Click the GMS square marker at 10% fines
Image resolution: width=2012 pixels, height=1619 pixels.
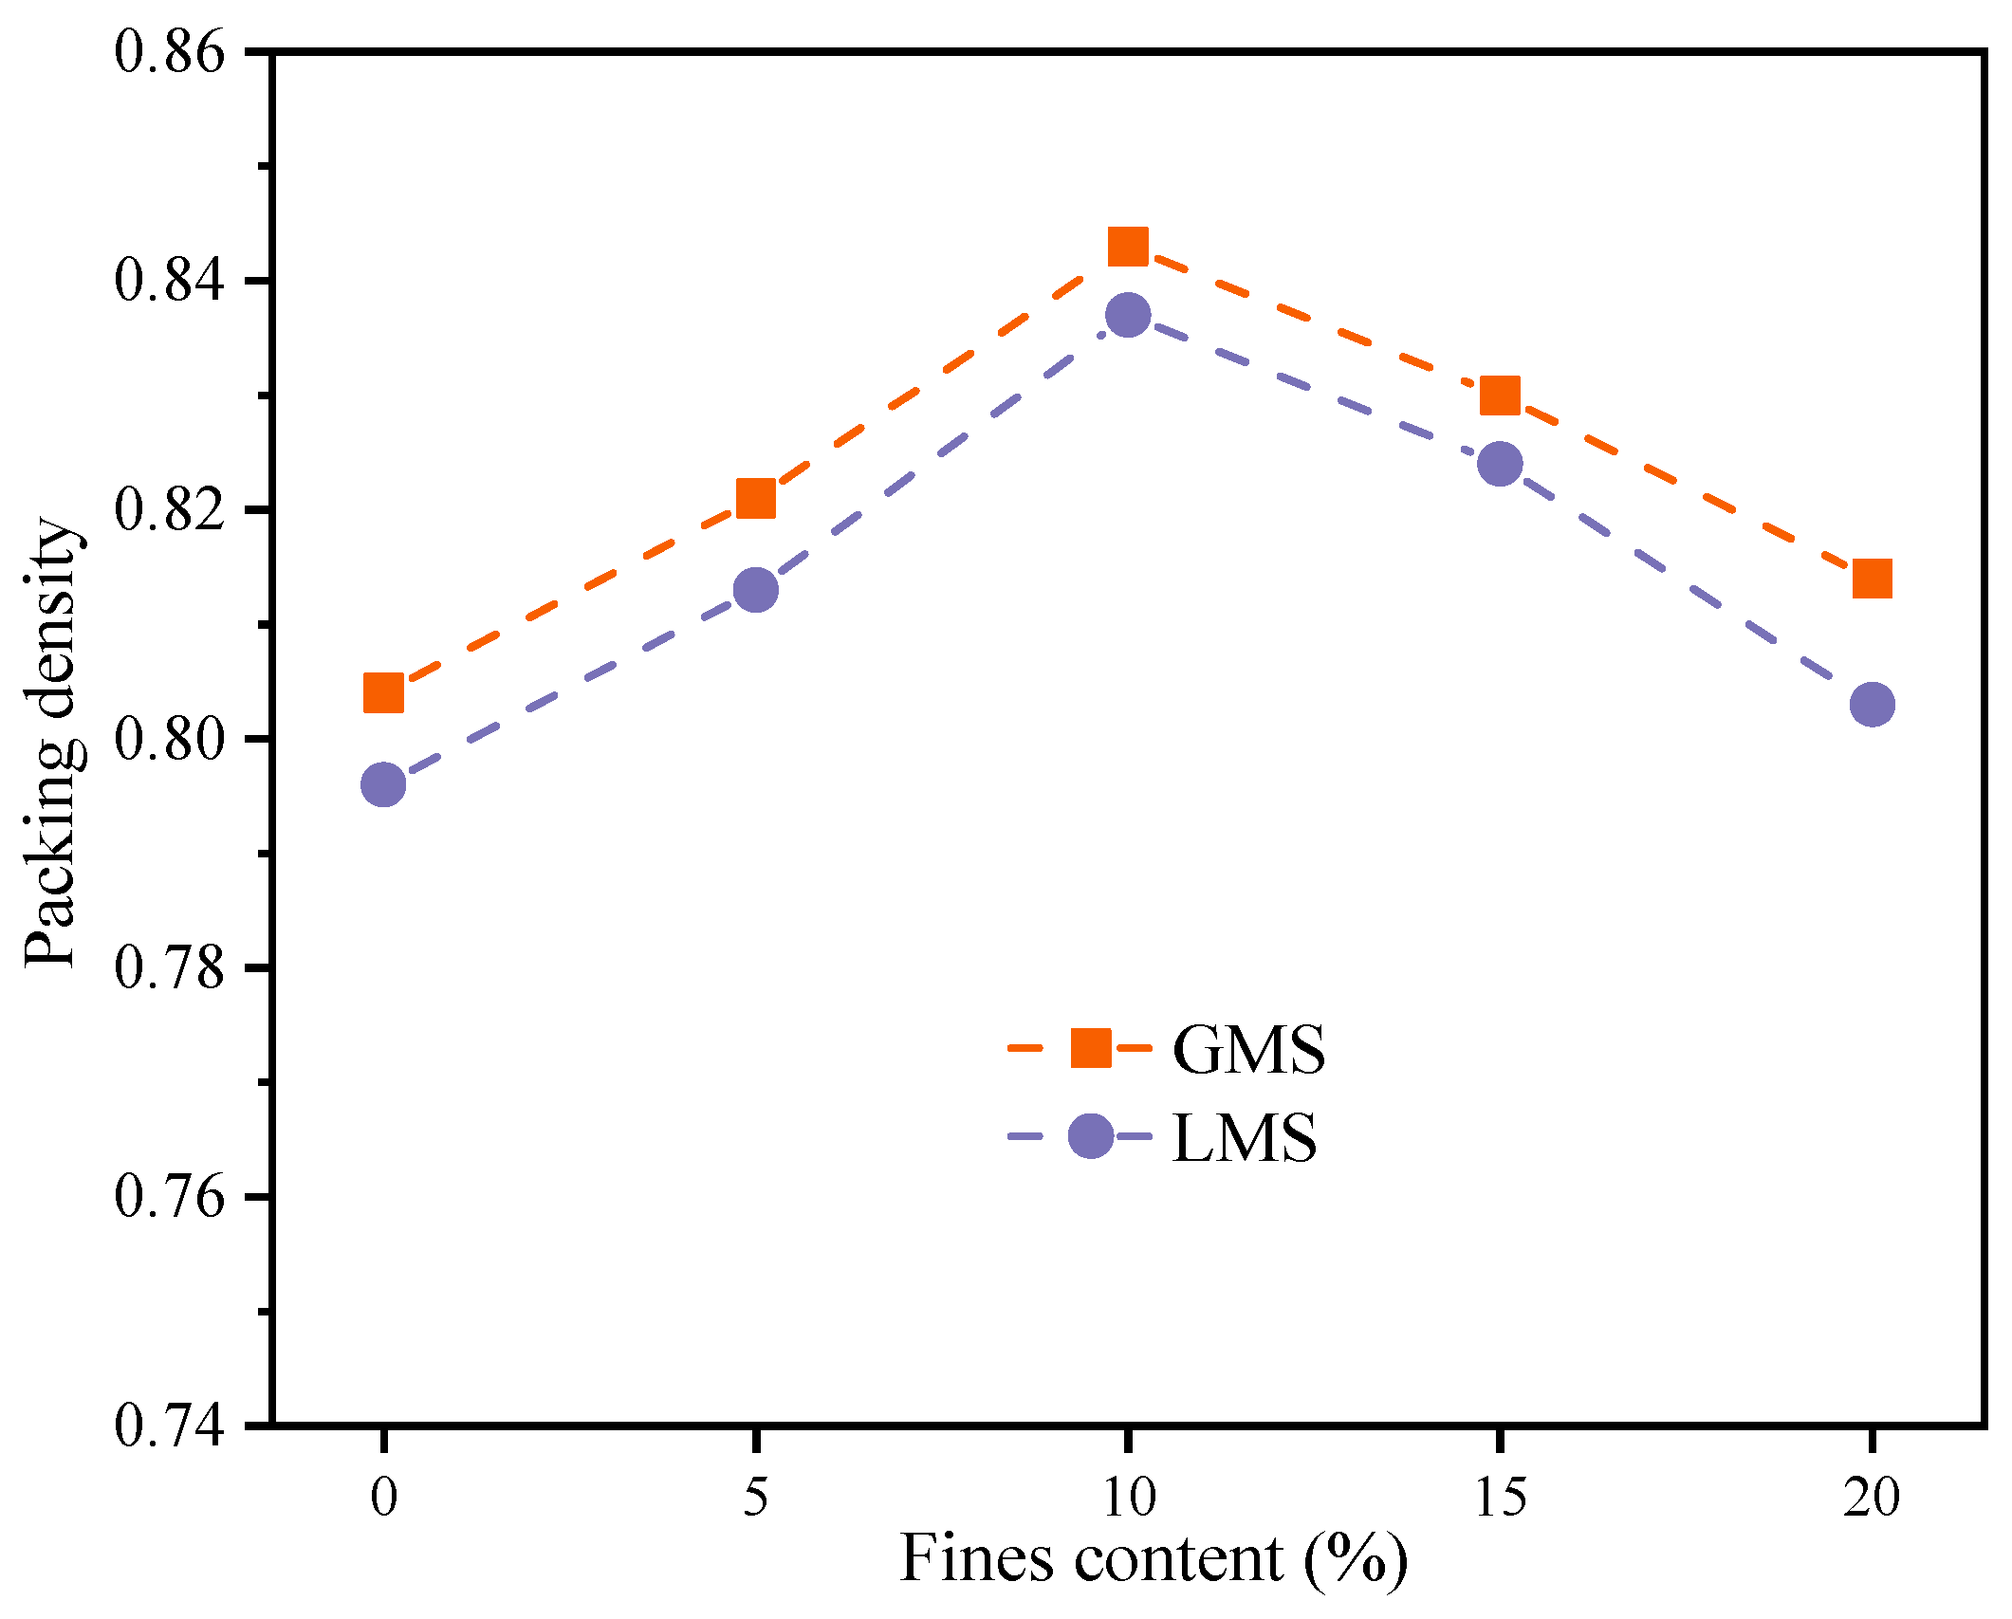click(1128, 247)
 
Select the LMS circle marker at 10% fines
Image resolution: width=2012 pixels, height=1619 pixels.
click(1128, 315)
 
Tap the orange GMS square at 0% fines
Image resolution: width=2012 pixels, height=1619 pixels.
click(383, 693)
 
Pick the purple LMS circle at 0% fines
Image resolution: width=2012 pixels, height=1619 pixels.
click(383, 784)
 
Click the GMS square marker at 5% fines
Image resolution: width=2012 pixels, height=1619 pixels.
click(756, 498)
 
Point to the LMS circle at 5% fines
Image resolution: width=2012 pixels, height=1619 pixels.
click(756, 590)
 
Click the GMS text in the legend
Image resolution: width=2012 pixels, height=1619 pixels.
click(1248, 1050)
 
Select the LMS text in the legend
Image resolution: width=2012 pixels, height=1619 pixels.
click(1244, 1137)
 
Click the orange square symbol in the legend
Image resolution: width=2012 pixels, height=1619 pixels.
click(1091, 1048)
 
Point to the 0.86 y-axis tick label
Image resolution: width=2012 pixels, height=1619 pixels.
click(171, 51)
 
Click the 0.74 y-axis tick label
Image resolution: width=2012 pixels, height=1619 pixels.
click(171, 1425)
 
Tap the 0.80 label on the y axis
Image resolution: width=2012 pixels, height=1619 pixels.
click(171, 739)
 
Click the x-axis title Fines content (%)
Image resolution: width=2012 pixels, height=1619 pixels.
click(1153, 1560)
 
